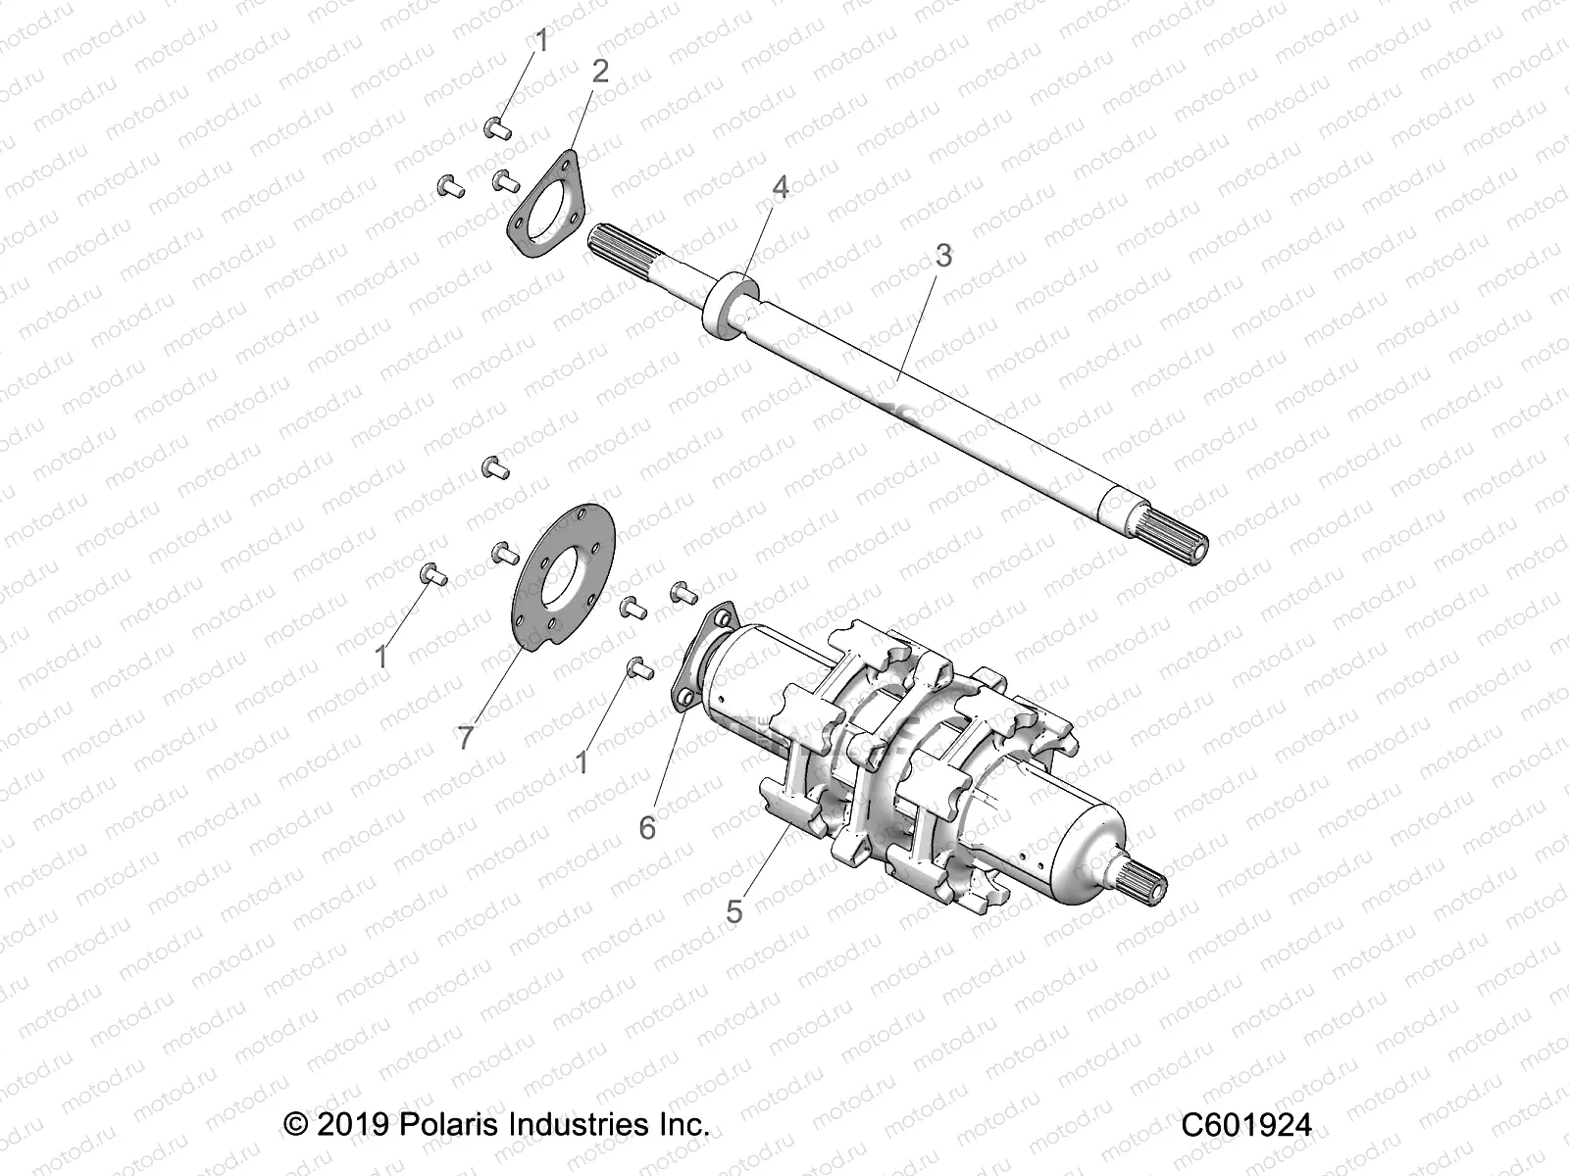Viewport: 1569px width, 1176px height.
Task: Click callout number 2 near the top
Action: [x=600, y=71]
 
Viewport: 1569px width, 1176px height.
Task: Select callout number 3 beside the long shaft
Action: [x=942, y=256]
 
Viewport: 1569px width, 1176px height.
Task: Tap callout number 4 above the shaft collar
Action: [x=780, y=187]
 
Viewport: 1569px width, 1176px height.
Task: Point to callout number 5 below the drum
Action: [x=734, y=911]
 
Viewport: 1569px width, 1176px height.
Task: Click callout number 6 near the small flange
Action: [x=647, y=827]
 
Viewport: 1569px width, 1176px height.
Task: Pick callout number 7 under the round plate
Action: [x=466, y=737]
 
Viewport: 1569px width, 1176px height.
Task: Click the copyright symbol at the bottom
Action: [x=294, y=1123]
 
